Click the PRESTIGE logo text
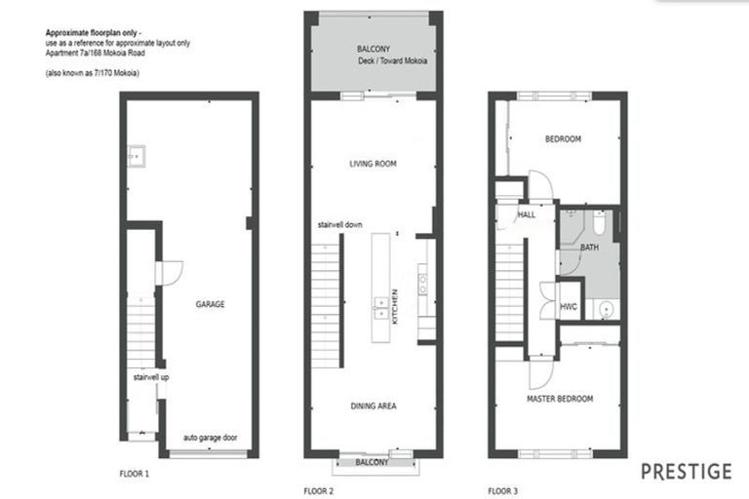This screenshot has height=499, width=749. click(686, 472)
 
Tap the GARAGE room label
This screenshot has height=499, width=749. click(209, 304)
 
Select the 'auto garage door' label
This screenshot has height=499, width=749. click(210, 438)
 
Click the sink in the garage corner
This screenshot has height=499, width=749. click(138, 155)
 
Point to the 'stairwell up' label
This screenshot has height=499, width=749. click(151, 375)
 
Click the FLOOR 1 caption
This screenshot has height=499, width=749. click(134, 475)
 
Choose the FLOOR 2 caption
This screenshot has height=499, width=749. click(318, 489)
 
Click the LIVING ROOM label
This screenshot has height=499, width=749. click(373, 164)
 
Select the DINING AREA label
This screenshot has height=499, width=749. click(373, 405)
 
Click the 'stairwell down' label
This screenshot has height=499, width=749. click(340, 224)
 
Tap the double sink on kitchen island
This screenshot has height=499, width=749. click(378, 309)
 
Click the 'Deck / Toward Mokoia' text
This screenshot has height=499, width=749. click(392, 60)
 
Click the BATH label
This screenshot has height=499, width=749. click(589, 249)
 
